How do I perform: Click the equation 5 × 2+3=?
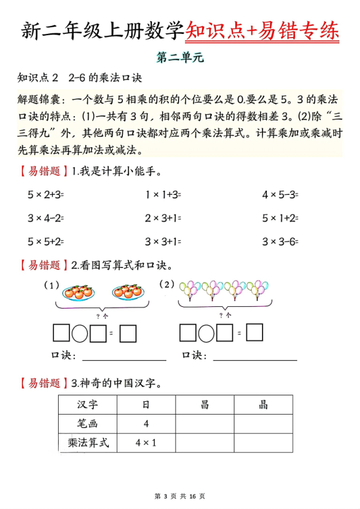[x=45, y=195]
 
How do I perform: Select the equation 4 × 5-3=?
[x=280, y=195]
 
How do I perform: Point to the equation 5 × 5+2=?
[x=45, y=241]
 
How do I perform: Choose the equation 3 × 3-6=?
[x=280, y=241]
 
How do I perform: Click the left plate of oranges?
[x=77, y=292]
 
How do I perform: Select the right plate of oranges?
[x=128, y=292]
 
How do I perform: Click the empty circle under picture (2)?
[x=206, y=333]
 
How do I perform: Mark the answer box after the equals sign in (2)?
[x=255, y=333]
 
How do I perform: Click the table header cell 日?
[x=146, y=404]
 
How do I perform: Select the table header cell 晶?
[x=263, y=404]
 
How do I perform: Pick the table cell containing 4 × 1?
[x=146, y=442]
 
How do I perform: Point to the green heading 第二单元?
[x=181, y=59]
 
